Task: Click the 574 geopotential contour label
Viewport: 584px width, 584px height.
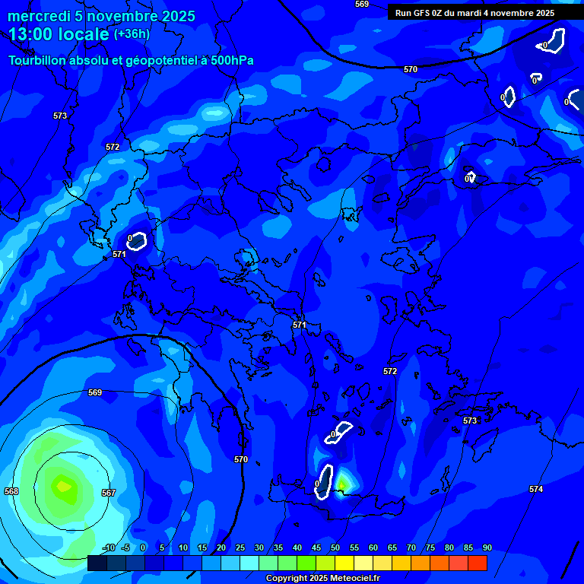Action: coord(536,489)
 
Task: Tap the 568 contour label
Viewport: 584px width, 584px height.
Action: coord(11,491)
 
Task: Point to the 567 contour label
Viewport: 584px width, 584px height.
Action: coord(109,493)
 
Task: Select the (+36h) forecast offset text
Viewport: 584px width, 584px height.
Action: coord(132,34)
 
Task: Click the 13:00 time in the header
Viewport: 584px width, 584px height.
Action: coord(30,34)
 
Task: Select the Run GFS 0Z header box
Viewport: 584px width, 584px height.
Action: coord(474,13)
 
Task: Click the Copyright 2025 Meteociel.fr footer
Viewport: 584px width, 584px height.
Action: coord(322,578)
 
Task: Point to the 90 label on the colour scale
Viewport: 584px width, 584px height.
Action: coord(487,547)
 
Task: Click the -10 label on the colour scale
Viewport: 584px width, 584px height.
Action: coord(109,547)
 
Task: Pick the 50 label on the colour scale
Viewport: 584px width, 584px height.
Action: coord(335,547)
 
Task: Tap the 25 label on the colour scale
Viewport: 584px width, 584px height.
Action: coord(240,547)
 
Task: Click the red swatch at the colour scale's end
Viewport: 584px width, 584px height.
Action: coord(477,563)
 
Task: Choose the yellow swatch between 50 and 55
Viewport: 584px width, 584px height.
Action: coord(344,563)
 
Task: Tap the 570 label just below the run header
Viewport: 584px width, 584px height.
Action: coord(411,69)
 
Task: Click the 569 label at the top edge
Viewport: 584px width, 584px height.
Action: coord(362,4)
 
